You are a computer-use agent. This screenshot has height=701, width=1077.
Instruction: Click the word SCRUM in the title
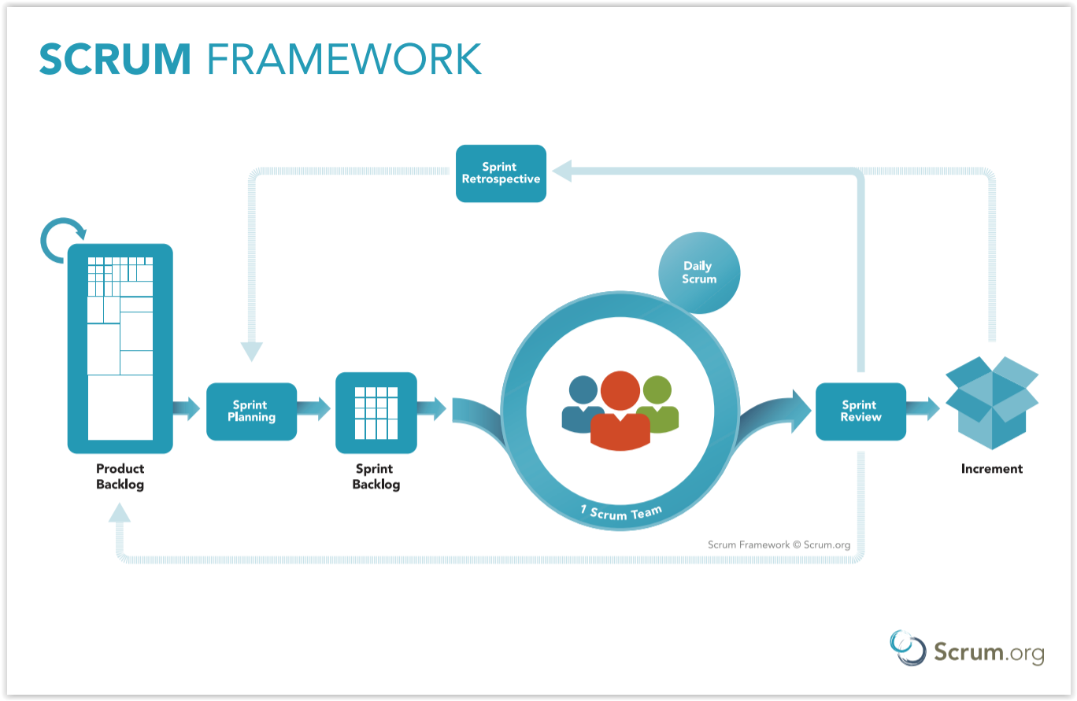(115, 59)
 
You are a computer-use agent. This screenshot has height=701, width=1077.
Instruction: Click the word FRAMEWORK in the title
(344, 59)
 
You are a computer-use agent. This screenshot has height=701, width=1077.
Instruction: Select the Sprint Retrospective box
(501, 173)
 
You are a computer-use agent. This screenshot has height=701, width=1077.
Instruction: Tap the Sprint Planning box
(251, 411)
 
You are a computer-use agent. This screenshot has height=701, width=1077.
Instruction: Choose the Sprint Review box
(860, 411)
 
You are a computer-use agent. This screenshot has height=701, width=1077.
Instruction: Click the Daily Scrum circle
(699, 273)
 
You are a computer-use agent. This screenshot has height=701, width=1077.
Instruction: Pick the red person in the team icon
(620, 411)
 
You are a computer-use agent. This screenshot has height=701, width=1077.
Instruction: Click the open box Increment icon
(992, 403)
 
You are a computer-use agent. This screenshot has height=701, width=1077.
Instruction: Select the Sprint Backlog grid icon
(376, 413)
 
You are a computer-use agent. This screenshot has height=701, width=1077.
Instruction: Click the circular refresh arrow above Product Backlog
(63, 240)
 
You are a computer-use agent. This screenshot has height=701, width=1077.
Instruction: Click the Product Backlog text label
(120, 476)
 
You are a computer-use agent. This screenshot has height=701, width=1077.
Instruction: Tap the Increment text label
(992, 468)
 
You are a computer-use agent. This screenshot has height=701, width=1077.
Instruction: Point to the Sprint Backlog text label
(376, 476)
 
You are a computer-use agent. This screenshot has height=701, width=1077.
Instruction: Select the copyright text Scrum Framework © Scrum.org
(779, 544)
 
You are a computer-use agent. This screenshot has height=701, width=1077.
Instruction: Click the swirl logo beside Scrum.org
(907, 648)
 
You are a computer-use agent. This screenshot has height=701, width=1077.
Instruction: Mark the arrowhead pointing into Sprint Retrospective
(562, 171)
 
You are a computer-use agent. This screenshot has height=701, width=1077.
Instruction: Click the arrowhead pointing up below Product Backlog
(119, 512)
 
